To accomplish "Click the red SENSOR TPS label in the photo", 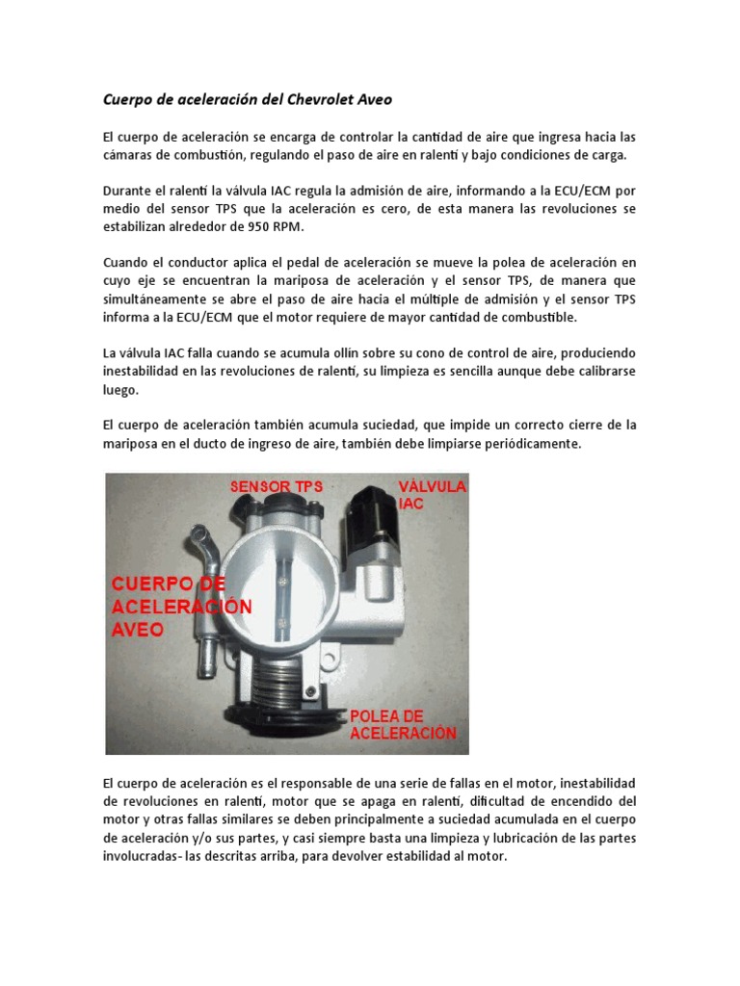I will [x=276, y=487].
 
